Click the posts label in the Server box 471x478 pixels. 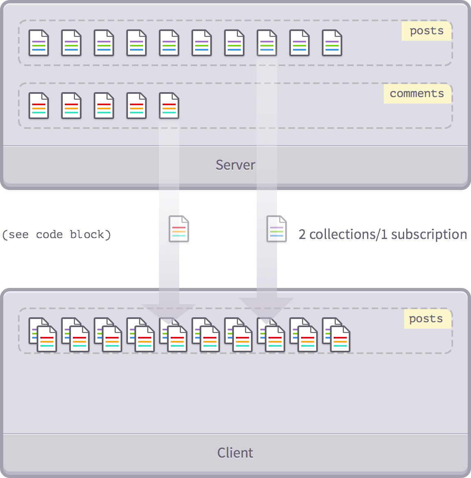[x=427, y=31]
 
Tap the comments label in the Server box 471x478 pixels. [x=417, y=93]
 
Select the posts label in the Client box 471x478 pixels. [x=426, y=319]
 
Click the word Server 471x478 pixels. [x=236, y=165]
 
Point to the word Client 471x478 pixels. [x=235, y=453]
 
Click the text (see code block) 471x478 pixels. [x=56, y=235]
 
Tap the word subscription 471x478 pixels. [x=429, y=235]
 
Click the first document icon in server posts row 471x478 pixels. [x=39, y=43]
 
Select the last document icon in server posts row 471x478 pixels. [x=332, y=43]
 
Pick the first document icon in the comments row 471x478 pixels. [x=39, y=106]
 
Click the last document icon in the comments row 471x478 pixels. [x=169, y=106]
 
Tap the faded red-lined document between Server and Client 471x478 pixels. [x=179, y=229]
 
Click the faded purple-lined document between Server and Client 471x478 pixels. [x=277, y=229]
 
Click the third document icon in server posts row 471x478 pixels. [x=104, y=43]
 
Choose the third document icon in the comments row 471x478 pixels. [x=104, y=106]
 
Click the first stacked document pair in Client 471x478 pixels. [x=43, y=335]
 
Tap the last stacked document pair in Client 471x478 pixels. [x=336, y=335]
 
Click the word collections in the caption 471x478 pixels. [x=343, y=235]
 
